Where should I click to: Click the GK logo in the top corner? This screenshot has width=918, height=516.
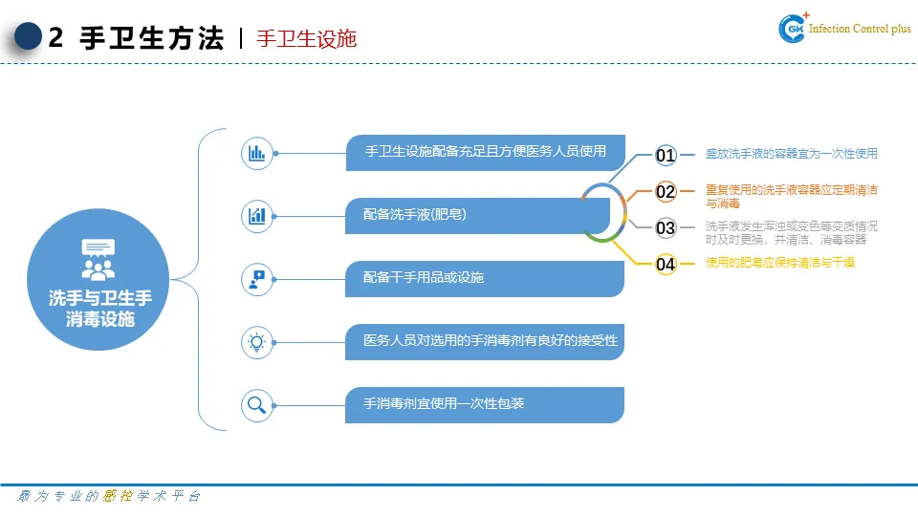[x=794, y=29]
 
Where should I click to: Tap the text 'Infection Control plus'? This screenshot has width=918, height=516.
[x=860, y=30]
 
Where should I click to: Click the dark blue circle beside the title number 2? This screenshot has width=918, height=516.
[x=30, y=37]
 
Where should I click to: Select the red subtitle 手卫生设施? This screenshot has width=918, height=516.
[x=306, y=38]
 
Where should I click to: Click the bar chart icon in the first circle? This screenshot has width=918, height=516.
[x=257, y=153]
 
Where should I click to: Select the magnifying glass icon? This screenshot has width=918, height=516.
[x=257, y=404]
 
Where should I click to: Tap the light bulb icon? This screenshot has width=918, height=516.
[x=257, y=341]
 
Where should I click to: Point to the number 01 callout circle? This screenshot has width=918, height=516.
[x=666, y=155]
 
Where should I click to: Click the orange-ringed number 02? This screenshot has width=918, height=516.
[x=666, y=192]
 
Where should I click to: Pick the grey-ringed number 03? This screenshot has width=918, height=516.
[x=666, y=228]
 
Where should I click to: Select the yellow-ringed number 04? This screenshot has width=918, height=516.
[x=666, y=264]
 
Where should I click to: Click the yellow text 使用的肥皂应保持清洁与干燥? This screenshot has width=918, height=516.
[x=779, y=263]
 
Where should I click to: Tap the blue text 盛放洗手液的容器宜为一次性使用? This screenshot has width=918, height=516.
[x=791, y=154]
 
